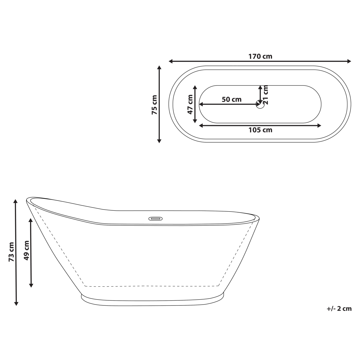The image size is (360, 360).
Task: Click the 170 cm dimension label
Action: [x=260, y=56]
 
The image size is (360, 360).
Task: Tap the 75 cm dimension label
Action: [x=154, y=105]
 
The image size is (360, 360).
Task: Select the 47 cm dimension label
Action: [x=190, y=104]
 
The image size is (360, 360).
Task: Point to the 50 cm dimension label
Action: [x=231, y=99]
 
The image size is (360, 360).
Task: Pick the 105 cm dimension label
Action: [x=260, y=130]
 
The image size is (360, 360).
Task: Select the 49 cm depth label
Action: [x=26, y=250]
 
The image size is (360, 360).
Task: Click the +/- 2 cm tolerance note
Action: [x=339, y=309]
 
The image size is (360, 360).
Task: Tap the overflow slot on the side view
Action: [x=155, y=218]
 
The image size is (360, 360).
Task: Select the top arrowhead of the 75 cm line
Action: [x=159, y=68]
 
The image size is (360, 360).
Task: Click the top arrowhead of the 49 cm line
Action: [x=31, y=220]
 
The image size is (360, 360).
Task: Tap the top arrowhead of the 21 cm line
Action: [x=260, y=87]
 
